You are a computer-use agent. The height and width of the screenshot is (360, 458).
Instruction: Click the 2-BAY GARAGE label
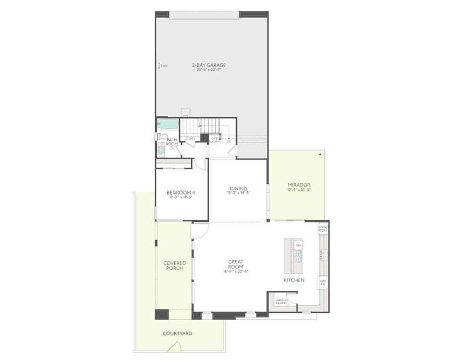(x=209, y=65)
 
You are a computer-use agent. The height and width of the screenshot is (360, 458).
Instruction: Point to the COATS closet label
(x=190, y=138)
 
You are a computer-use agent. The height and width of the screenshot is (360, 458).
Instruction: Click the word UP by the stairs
(x=229, y=141)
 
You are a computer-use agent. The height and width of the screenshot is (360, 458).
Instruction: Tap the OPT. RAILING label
(x=215, y=140)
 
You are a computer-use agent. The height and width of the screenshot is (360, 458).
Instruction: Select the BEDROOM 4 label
(x=181, y=193)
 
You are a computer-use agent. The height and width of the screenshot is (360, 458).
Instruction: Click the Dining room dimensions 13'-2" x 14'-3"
(x=238, y=193)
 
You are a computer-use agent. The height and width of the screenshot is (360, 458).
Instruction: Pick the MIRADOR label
(x=299, y=185)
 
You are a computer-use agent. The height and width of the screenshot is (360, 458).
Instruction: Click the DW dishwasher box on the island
(x=298, y=245)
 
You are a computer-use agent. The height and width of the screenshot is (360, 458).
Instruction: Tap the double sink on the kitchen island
(x=298, y=255)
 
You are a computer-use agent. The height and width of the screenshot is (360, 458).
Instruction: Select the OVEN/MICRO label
(x=323, y=229)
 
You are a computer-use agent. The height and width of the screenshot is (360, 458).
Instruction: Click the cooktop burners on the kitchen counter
(x=324, y=255)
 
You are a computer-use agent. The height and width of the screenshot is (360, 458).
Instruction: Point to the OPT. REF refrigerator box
(x=323, y=283)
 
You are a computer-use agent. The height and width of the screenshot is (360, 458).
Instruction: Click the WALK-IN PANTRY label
(x=281, y=302)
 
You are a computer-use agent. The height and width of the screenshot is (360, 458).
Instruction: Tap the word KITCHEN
(x=294, y=280)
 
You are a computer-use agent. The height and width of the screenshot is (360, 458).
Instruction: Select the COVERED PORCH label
(x=174, y=266)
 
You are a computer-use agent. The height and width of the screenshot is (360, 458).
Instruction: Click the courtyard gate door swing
(x=174, y=347)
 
